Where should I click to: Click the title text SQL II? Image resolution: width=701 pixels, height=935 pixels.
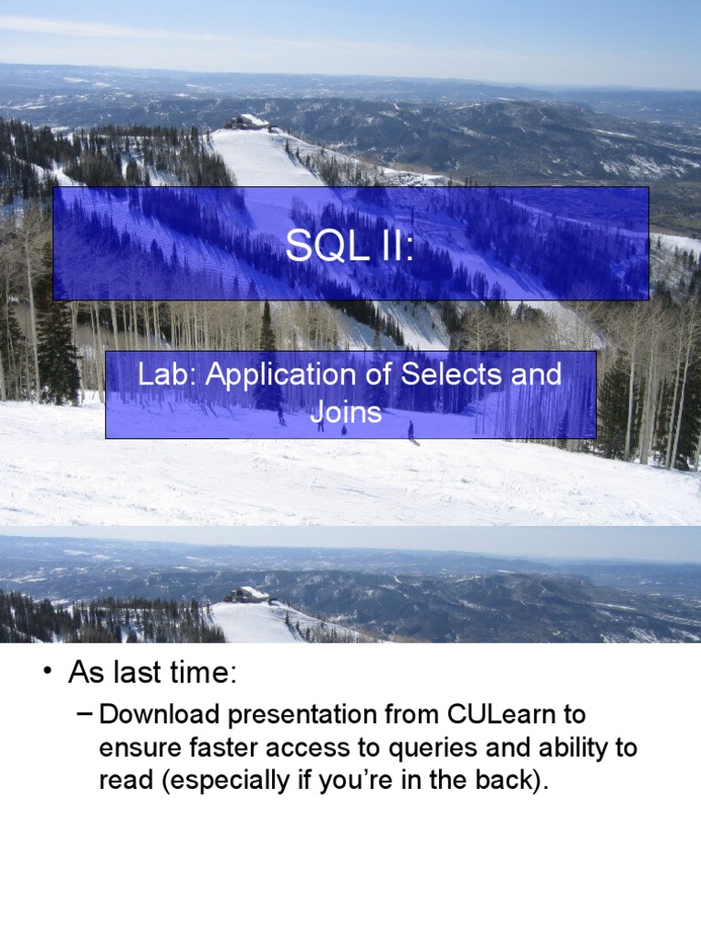tap(350, 246)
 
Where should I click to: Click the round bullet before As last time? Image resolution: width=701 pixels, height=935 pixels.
tap(46, 674)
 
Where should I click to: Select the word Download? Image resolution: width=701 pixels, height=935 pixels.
tap(153, 713)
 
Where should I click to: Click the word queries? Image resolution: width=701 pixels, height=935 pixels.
tap(433, 748)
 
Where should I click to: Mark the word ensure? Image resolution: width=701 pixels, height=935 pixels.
tap(137, 748)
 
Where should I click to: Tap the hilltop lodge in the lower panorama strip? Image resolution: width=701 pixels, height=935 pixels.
tap(246, 594)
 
